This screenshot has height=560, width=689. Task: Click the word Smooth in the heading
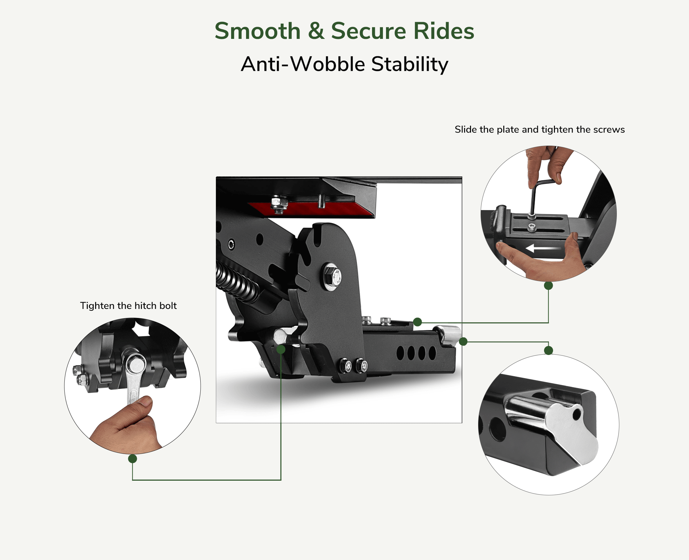tap(258, 31)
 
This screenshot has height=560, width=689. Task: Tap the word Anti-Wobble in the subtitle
tap(303, 64)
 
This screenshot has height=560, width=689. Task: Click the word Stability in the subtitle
tap(409, 64)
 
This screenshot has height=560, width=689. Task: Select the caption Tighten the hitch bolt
tap(128, 306)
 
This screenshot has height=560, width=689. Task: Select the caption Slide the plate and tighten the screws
tap(539, 129)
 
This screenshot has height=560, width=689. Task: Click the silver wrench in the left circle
tap(133, 384)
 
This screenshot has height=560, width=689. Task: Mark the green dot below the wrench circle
tap(133, 459)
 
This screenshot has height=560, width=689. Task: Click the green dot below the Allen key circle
tap(548, 286)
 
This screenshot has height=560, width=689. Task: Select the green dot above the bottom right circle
tap(548, 350)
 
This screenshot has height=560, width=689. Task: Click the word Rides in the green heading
tap(444, 31)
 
